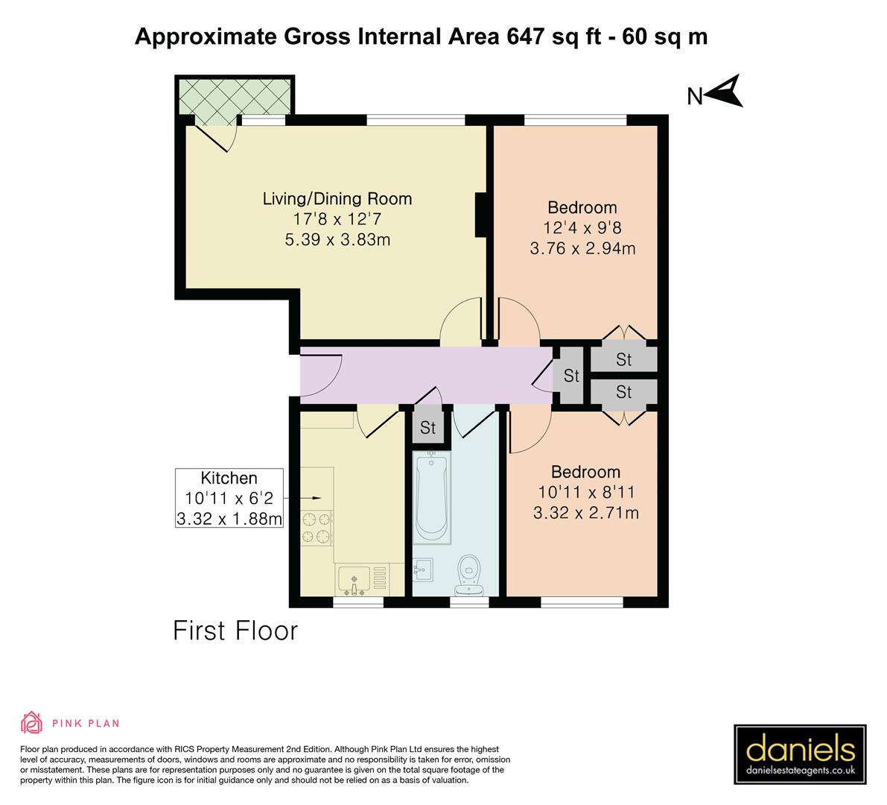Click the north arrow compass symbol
(722, 92)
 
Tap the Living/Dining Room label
(337, 199)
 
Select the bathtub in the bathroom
(431, 497)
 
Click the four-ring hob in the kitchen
(317, 527)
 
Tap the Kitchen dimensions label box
(229, 498)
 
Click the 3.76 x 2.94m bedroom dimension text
(582, 248)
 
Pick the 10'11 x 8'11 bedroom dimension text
(585, 492)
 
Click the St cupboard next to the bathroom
(427, 428)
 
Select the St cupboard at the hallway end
(571, 376)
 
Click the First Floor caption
(235, 631)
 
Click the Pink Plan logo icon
(31, 722)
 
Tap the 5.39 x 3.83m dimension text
(337, 239)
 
